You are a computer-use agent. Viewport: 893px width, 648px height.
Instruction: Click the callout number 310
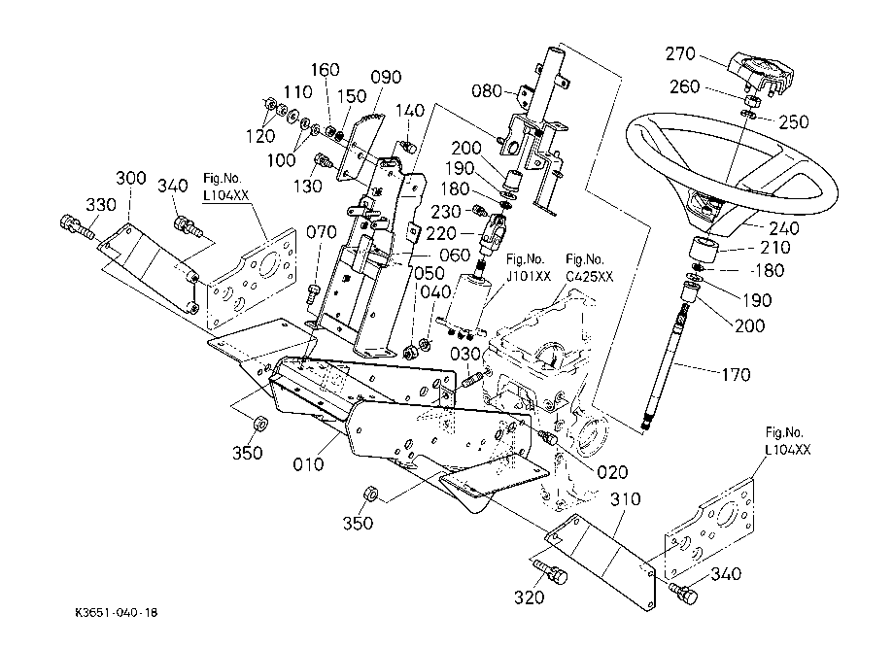coord(627,499)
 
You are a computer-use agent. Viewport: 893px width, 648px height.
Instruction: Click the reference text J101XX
coord(529,275)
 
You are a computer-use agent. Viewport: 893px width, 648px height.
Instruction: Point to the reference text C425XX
coord(590,275)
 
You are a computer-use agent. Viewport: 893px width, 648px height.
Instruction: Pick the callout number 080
coord(488,93)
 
